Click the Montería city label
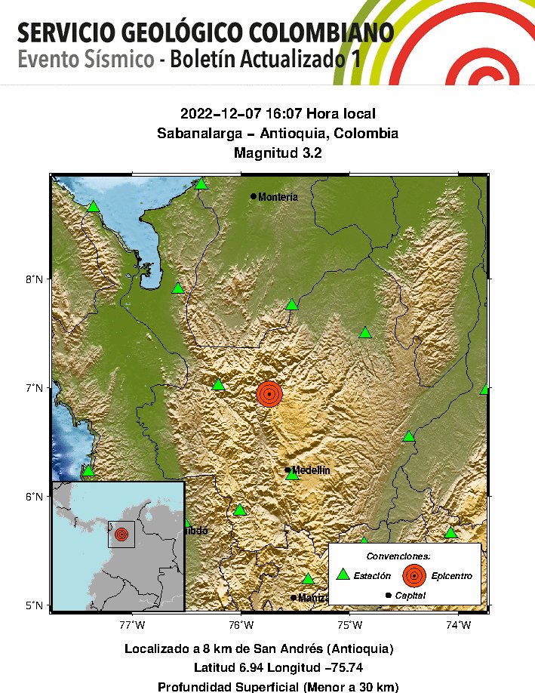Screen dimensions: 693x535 click(x=278, y=197)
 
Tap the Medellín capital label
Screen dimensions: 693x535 click(x=311, y=470)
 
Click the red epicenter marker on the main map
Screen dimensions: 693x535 click(x=269, y=394)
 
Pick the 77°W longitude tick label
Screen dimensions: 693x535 click(x=132, y=624)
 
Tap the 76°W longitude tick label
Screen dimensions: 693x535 click(x=240, y=624)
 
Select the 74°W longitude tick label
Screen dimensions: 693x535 click(x=457, y=624)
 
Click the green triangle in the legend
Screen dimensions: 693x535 click(x=343, y=574)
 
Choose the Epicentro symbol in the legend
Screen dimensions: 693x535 click(x=414, y=575)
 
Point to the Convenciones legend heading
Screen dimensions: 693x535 click(x=403, y=556)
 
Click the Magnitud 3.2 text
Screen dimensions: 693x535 click(x=278, y=153)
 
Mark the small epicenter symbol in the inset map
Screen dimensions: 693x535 click(x=121, y=534)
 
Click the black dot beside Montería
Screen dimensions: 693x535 click(x=254, y=196)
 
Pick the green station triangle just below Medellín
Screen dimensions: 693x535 click(x=293, y=475)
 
